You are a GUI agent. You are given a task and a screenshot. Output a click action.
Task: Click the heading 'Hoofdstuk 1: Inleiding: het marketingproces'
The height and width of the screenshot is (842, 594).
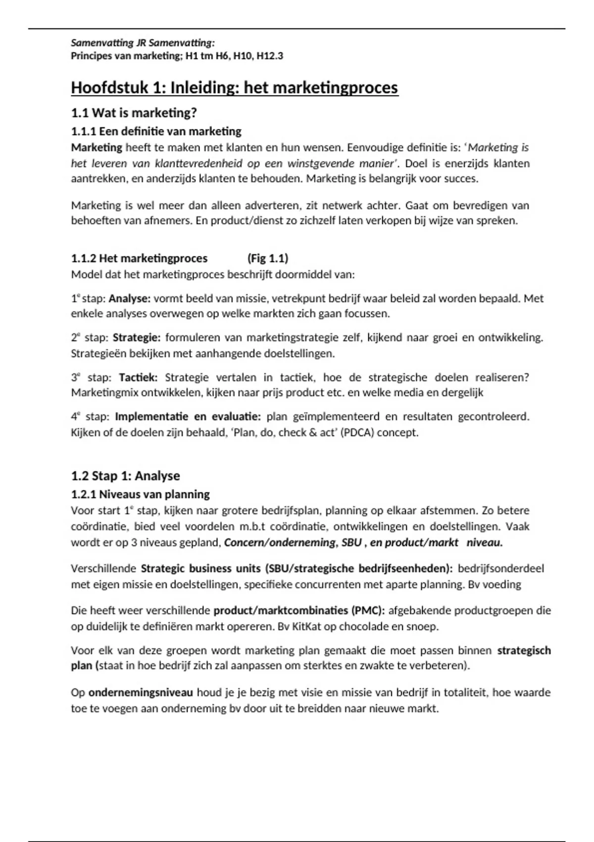[x=235, y=88]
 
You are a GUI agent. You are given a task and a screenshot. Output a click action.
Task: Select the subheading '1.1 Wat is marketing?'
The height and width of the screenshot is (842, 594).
[x=134, y=113]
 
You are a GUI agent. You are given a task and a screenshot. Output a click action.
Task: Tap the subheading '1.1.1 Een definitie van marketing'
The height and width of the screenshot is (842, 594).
[x=156, y=131]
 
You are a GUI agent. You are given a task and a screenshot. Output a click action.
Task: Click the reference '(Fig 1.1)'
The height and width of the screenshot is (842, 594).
[x=268, y=258]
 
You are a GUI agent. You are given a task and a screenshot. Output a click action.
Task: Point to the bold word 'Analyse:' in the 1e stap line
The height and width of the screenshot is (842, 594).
[x=130, y=299]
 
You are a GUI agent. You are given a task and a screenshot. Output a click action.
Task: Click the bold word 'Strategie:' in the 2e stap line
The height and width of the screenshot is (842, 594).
[x=137, y=338]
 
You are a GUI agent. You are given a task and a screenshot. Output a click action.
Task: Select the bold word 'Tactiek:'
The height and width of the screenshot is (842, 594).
[x=138, y=377]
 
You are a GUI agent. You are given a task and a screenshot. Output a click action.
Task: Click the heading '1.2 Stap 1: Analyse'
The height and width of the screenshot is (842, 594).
[x=125, y=476]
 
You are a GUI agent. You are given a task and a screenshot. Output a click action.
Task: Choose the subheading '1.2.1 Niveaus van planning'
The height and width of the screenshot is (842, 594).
[x=141, y=494]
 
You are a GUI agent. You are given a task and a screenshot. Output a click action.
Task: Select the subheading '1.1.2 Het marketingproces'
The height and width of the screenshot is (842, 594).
[x=140, y=258]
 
